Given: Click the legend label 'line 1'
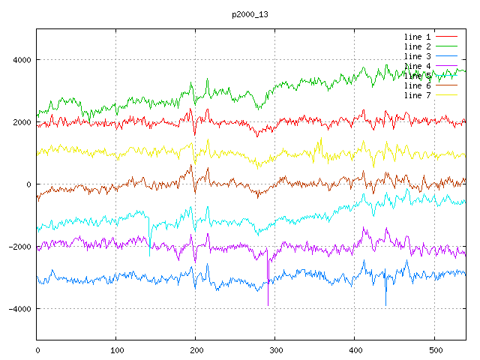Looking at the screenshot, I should (417, 37).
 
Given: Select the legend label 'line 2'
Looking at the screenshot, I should (417, 46).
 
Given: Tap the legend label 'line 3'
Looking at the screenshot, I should (417, 56).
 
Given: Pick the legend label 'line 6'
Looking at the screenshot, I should (417, 85).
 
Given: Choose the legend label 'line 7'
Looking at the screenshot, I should (417, 95).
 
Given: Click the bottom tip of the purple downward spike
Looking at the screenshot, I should (268, 305).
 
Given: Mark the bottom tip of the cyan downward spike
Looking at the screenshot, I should (149, 256).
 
